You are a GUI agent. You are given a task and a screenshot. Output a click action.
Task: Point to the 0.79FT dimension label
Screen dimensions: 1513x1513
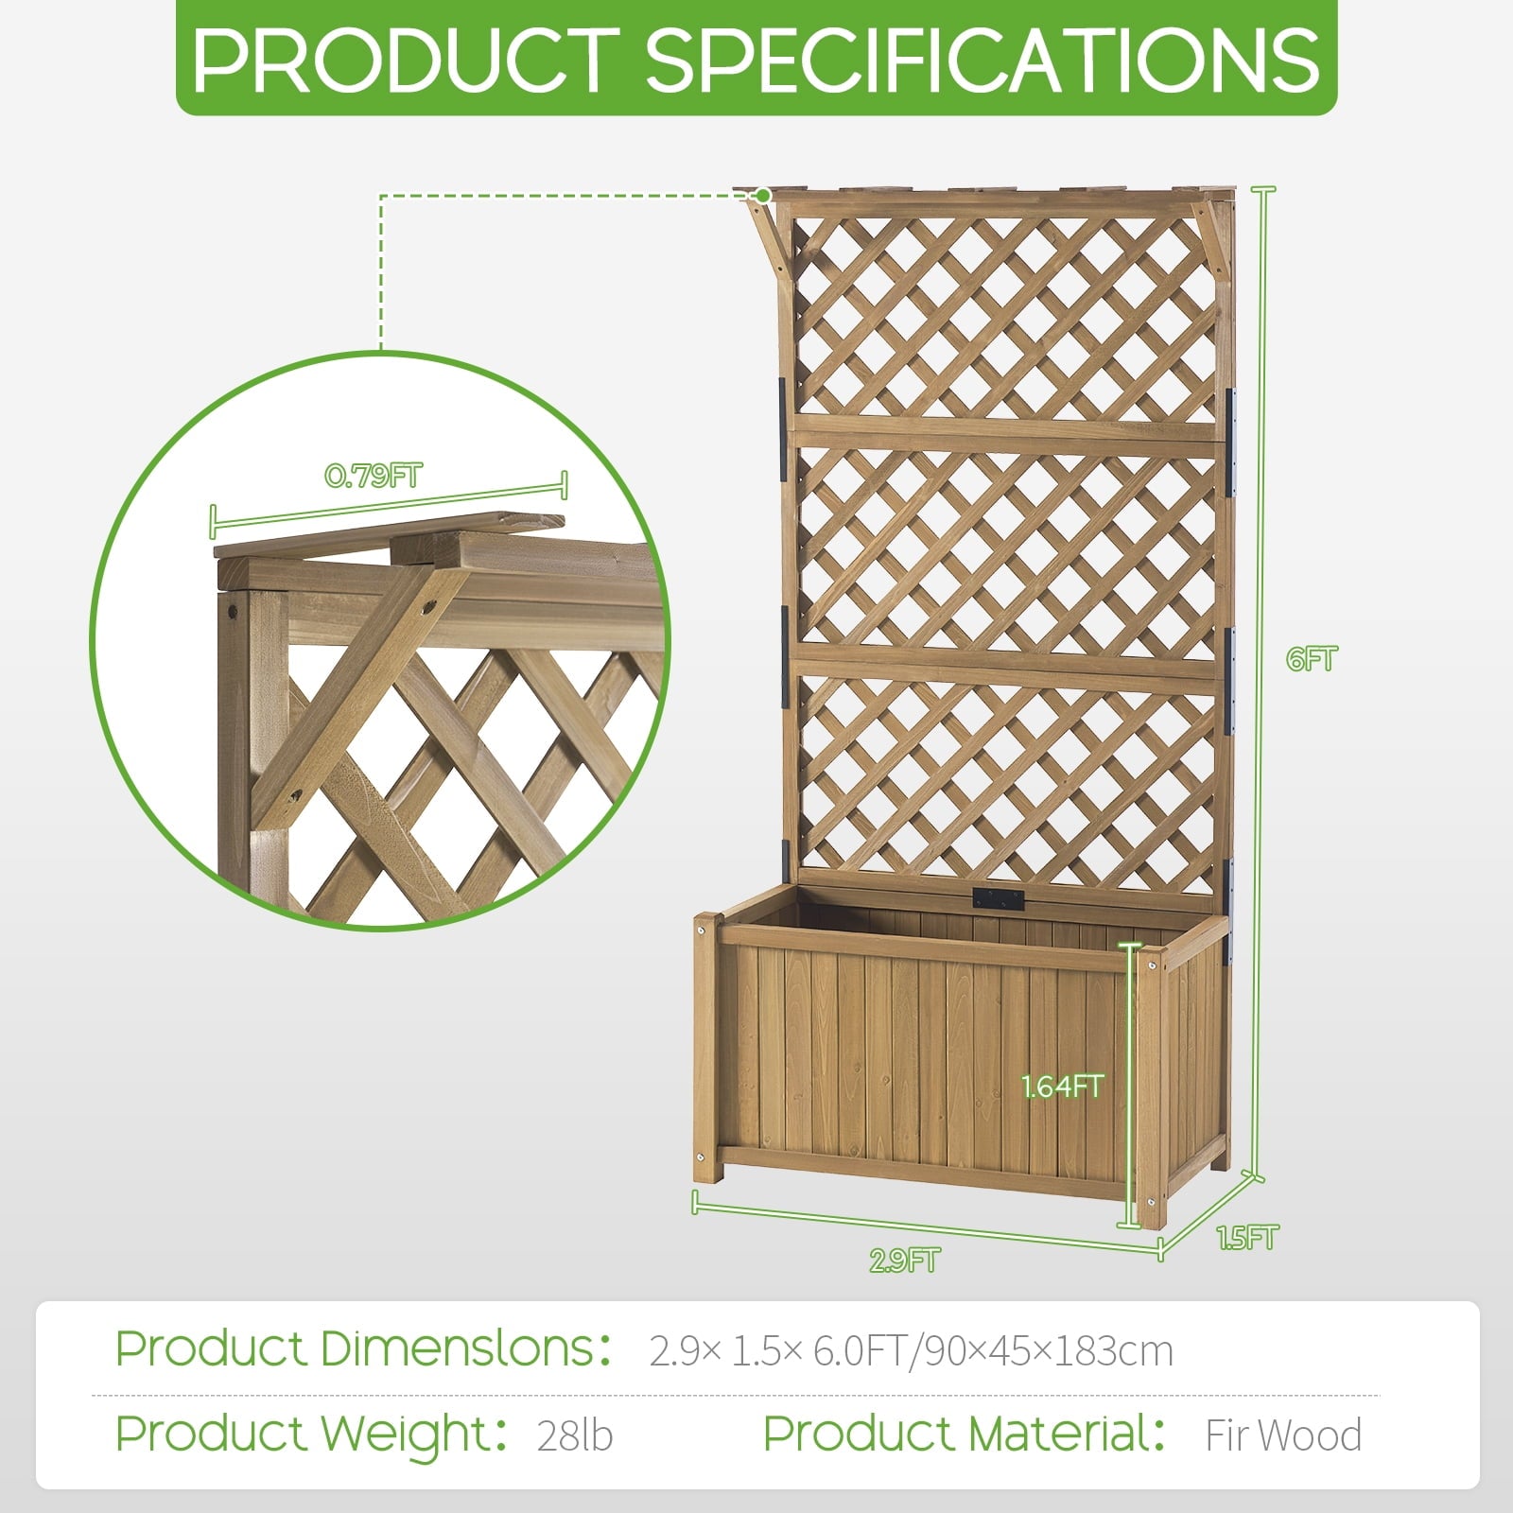[374, 476]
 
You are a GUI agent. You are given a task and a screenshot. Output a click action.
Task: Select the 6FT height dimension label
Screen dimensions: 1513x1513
[1312, 658]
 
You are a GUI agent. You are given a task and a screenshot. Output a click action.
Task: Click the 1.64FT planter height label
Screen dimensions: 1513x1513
[1062, 1087]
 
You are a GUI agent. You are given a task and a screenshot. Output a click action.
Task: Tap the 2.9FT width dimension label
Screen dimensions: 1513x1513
[905, 1261]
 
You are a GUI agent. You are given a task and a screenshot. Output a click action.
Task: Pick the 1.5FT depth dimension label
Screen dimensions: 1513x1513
[1247, 1237]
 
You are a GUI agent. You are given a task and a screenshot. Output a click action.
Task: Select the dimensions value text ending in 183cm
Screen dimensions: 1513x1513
[911, 1351]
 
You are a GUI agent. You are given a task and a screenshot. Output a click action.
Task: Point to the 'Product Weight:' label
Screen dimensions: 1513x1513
[313, 1434]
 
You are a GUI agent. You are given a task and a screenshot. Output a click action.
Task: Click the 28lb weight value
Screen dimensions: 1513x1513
[575, 1435]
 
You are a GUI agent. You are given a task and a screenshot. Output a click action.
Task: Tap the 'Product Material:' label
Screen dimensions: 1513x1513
[965, 1434]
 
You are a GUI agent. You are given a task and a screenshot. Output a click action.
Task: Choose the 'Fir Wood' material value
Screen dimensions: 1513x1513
[1283, 1435]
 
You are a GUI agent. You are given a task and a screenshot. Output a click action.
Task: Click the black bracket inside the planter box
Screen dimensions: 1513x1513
[999, 898]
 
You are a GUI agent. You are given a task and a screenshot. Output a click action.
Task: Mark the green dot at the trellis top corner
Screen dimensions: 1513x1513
[763, 196]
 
